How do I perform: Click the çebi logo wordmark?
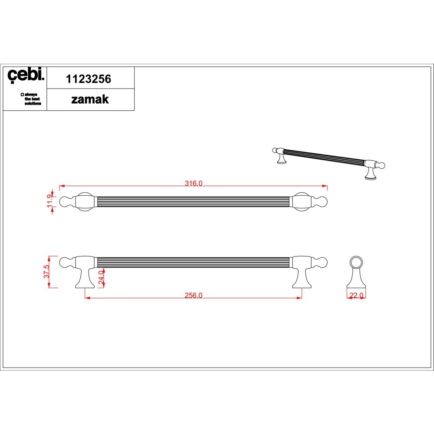[x=26, y=75]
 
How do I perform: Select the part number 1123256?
[x=88, y=79]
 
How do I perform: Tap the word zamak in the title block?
[x=90, y=99]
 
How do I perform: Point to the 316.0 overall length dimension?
[x=194, y=183]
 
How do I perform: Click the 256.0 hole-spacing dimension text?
[x=194, y=295]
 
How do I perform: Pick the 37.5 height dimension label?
[x=46, y=272]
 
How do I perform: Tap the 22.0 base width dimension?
[x=356, y=295]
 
